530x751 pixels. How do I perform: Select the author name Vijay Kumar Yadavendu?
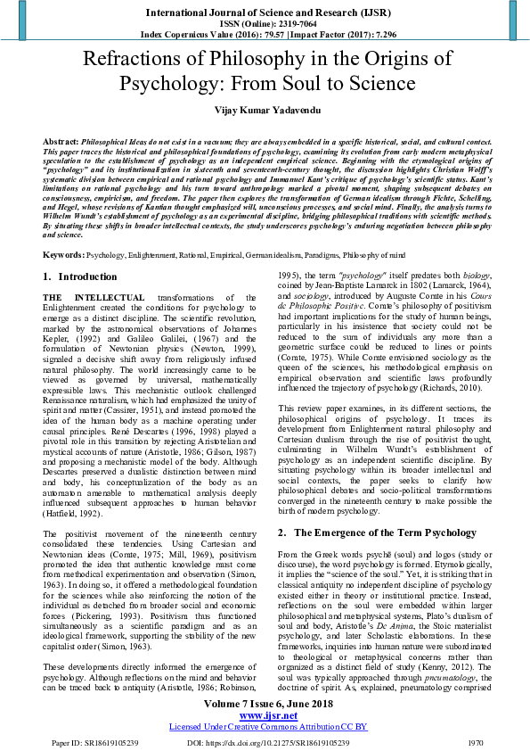(x=265, y=110)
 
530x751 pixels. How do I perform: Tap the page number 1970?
(x=475, y=741)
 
